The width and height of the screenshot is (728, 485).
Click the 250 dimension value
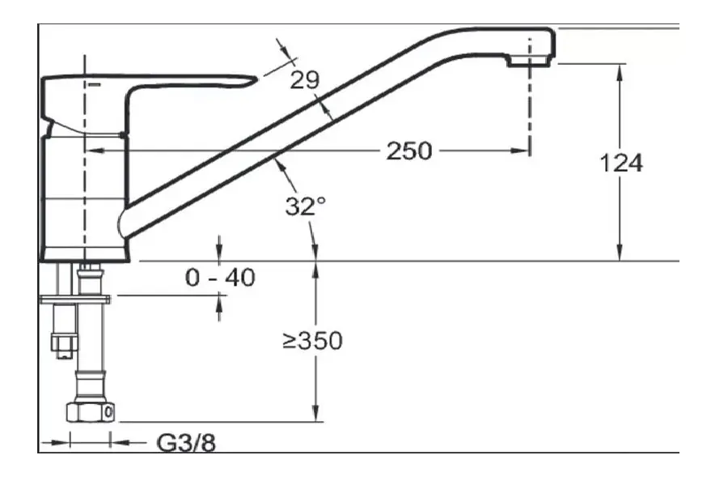[x=408, y=151]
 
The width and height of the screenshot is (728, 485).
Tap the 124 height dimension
[x=621, y=163]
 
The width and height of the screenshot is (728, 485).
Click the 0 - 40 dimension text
[x=220, y=278]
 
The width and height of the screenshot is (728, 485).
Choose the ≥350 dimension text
[x=312, y=341]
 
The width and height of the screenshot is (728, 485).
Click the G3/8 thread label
[x=186, y=443]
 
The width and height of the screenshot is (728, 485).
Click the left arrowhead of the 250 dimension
[x=91, y=151]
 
